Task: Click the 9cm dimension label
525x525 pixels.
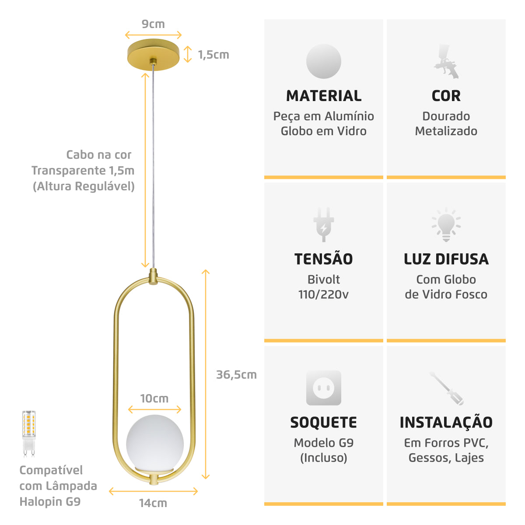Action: pyautogui.click(x=153, y=24)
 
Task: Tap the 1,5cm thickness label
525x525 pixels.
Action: pyautogui.click(x=213, y=55)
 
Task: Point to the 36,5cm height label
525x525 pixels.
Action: pyautogui.click(x=237, y=375)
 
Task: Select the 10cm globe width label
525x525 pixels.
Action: pyautogui.click(x=154, y=399)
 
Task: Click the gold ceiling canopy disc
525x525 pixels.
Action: pyautogui.click(x=154, y=55)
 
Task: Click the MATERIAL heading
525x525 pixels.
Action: pyautogui.click(x=324, y=96)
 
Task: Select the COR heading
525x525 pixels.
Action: pyautogui.click(x=446, y=96)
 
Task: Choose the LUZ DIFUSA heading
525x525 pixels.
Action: pyautogui.click(x=446, y=259)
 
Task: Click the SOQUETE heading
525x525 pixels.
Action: pyautogui.click(x=324, y=423)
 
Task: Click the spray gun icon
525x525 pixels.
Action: pyautogui.click(x=446, y=62)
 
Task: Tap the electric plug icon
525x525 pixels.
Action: pyautogui.click(x=324, y=225)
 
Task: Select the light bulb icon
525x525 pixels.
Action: pyautogui.click(x=446, y=225)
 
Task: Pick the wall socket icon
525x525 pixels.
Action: pyautogui.click(x=324, y=388)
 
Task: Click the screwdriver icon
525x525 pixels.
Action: pyautogui.click(x=447, y=388)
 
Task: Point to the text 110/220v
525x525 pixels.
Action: pyautogui.click(x=323, y=294)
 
